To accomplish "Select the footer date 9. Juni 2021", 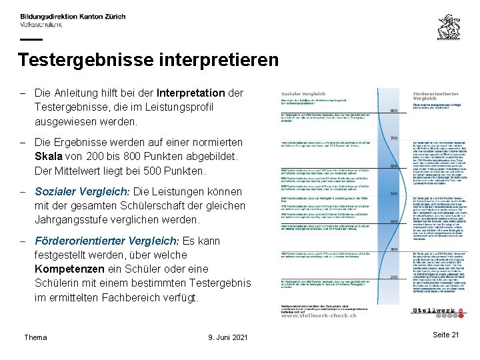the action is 227,337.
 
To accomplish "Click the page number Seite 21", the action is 446,335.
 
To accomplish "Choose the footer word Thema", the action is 35,337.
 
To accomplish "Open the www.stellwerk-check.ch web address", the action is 318,315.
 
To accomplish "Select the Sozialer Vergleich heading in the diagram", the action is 303,94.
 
